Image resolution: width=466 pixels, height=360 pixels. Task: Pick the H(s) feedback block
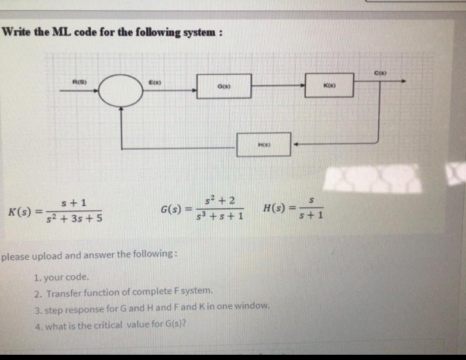pos(264,144)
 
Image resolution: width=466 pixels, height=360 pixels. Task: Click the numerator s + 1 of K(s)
pos(74,203)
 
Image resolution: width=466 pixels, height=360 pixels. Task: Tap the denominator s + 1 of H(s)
pos(312,214)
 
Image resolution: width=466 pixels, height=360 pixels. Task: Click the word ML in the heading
pos(60,32)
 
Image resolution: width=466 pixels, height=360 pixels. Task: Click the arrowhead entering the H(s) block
pos(295,144)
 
